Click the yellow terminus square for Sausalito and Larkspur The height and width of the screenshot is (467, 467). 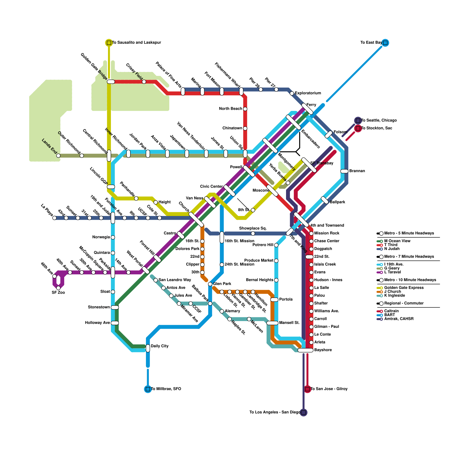109,43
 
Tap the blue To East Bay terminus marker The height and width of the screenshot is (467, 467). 385,43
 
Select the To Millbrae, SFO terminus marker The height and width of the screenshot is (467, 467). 148,389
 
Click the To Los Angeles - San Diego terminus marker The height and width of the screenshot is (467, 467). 304,412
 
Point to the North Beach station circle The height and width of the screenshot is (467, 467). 245,109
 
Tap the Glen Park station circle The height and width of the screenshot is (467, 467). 210,284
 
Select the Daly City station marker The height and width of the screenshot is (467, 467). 148,348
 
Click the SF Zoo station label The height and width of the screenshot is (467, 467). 58,293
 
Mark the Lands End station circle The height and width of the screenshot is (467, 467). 58,156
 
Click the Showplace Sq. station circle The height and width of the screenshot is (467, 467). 253,233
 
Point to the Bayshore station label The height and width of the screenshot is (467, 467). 323,350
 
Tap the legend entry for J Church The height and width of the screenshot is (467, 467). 393,292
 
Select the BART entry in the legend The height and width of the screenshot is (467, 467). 390,315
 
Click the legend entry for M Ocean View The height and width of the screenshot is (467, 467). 397,241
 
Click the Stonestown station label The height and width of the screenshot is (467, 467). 99,307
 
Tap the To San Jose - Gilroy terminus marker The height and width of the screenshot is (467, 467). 307,389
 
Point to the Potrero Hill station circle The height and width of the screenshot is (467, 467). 276,245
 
